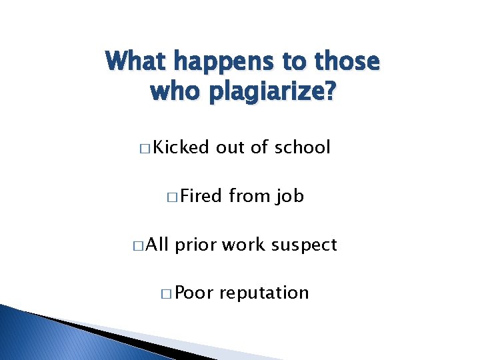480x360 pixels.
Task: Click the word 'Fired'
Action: (x=201, y=196)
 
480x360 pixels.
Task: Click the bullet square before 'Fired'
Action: (x=173, y=197)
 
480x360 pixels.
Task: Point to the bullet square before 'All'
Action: (x=137, y=246)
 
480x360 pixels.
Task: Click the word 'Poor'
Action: (x=193, y=293)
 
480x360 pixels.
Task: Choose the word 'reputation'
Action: (x=264, y=293)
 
